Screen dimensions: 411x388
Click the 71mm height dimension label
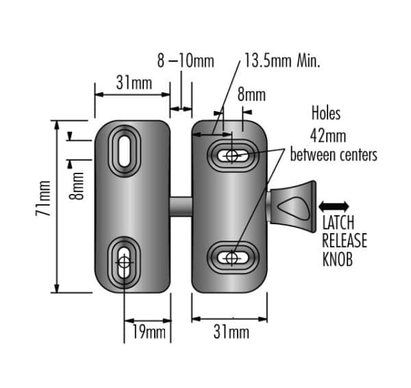[x=43, y=198]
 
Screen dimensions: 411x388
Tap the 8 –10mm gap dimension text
[x=186, y=60]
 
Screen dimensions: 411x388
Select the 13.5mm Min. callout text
[x=282, y=60]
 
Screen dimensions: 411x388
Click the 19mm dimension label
[x=149, y=332]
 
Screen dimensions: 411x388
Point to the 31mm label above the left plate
[x=134, y=83]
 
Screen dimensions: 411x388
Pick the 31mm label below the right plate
[x=232, y=332]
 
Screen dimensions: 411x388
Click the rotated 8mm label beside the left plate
[x=76, y=186]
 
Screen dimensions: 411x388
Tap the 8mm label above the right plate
[x=251, y=95]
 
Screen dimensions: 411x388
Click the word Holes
[x=326, y=113]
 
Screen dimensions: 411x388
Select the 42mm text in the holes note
[x=328, y=136]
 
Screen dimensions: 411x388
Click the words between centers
[x=334, y=155]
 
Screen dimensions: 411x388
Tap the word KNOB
[x=337, y=259]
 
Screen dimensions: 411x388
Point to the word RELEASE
[x=345, y=241]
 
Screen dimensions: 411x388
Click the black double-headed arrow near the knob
[x=334, y=206]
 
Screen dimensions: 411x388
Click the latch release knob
[x=292, y=207]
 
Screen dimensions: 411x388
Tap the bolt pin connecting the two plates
[x=181, y=207]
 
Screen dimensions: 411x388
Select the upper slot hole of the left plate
[x=124, y=151]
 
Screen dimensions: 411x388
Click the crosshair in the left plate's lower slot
[x=124, y=262]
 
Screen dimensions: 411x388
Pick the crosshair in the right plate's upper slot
[x=232, y=156]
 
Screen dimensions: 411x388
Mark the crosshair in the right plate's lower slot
[x=232, y=258]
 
